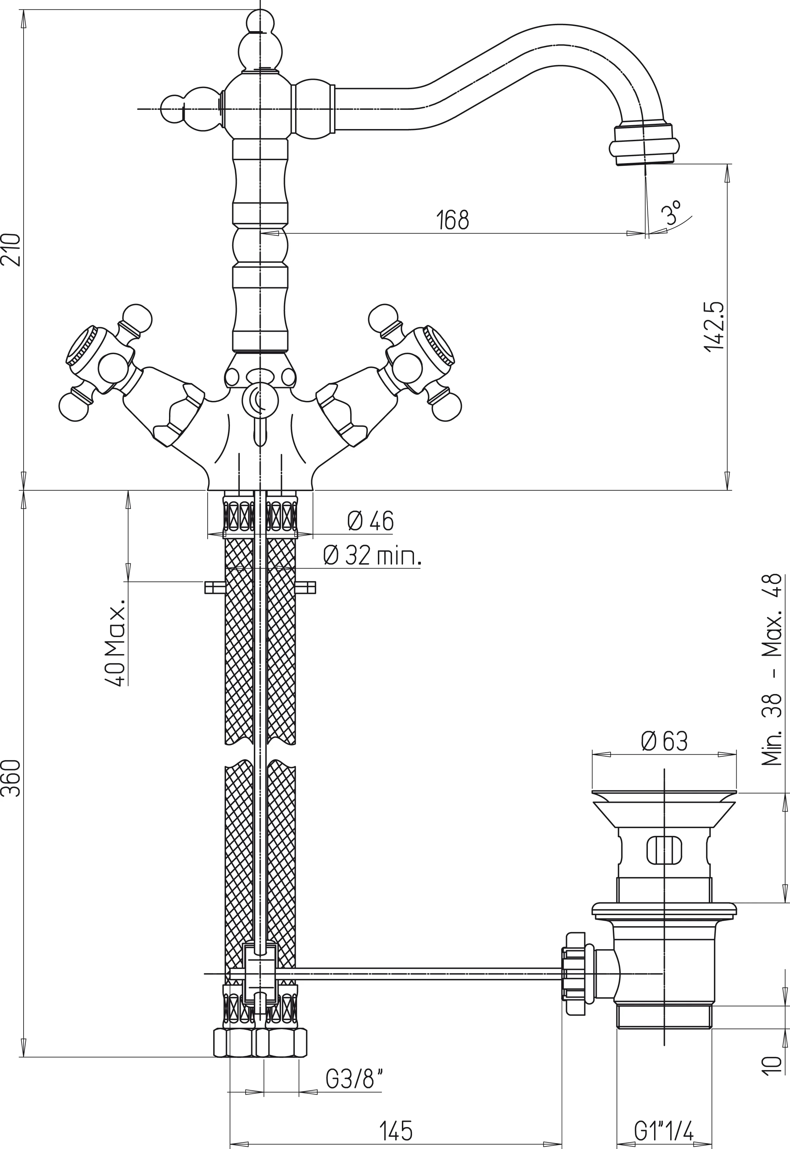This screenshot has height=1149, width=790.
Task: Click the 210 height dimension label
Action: click(11, 250)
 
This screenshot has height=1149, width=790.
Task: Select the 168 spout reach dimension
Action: click(452, 220)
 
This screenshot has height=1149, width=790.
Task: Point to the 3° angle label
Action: click(672, 213)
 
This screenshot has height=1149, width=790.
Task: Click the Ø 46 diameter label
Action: click(370, 521)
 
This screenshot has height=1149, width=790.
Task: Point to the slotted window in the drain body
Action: click(664, 851)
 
